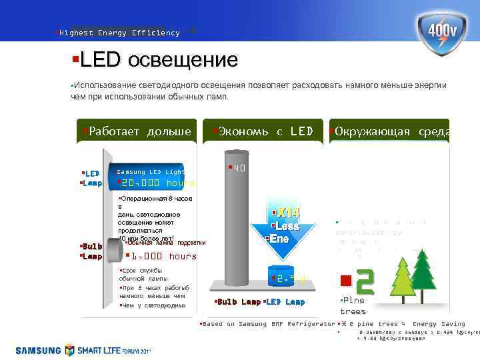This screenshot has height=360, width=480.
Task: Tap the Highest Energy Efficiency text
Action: click(119, 33)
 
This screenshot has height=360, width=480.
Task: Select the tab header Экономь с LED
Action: click(264, 131)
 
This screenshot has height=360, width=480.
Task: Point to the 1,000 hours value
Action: click(163, 256)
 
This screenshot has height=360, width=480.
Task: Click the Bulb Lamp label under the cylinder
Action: click(239, 302)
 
